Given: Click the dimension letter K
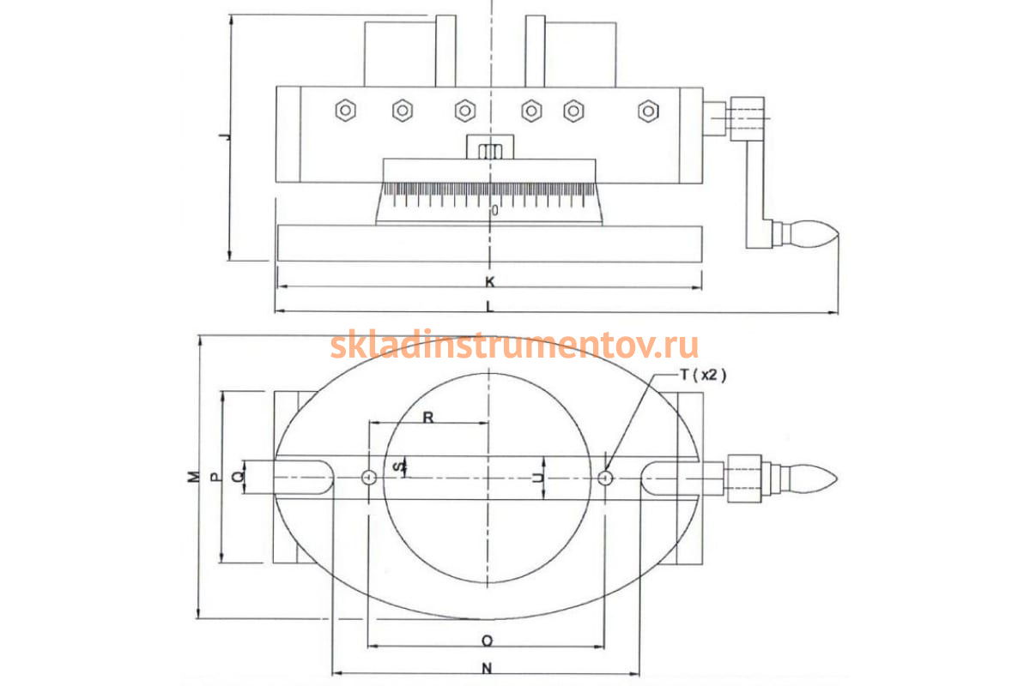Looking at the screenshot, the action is tap(490, 281).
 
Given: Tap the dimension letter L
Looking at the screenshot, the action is tap(490, 306).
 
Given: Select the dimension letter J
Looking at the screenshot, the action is tap(225, 136).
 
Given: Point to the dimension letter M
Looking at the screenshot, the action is tap(194, 477).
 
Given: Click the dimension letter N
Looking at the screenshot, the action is tap(487, 669).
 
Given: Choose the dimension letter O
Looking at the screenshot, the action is tap(487, 641).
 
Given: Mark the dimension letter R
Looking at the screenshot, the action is tap(428, 418).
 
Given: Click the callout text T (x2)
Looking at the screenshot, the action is tap(704, 376).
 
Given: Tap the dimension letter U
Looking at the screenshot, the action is tap(537, 478).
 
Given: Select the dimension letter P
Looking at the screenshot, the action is tap(215, 477).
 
